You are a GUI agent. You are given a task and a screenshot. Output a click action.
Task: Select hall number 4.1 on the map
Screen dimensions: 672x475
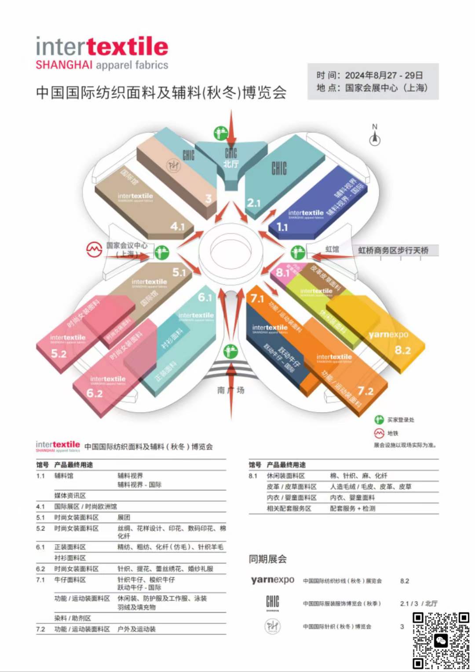(177, 226)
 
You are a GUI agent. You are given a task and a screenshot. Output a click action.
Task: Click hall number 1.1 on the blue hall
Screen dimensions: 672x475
(282, 227)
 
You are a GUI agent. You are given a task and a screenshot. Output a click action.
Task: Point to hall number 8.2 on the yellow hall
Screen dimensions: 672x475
(402, 350)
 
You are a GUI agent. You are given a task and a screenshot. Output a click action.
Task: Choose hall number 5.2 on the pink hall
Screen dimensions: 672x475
(58, 353)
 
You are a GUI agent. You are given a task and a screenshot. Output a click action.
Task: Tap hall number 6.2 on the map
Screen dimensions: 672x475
(94, 393)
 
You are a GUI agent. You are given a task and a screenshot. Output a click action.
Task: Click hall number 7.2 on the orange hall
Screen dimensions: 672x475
(365, 391)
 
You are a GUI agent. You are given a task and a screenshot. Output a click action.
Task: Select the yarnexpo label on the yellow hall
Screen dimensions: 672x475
(388, 334)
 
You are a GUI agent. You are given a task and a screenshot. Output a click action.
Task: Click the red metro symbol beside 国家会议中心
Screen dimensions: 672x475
(94, 250)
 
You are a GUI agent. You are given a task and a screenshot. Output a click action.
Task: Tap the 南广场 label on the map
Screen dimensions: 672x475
(230, 390)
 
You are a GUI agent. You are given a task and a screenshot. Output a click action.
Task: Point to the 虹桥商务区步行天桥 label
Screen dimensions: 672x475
(393, 250)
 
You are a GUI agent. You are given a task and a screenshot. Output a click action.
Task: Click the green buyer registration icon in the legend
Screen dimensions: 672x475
(379, 420)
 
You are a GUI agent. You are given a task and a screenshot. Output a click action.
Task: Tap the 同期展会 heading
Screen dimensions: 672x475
(267, 559)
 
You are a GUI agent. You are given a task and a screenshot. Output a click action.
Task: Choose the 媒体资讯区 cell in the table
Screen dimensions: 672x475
(70, 496)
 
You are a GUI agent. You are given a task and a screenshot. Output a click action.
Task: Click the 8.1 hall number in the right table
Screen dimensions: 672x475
(253, 476)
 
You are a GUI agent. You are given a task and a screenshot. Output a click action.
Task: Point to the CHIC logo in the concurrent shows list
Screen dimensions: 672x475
(273, 603)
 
